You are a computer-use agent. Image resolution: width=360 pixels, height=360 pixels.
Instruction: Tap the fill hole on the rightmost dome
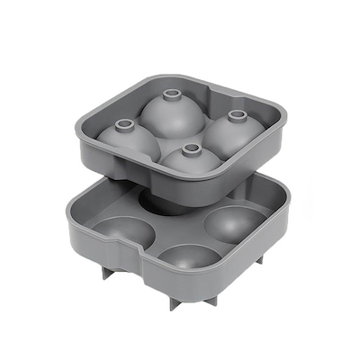tap(238, 115)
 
